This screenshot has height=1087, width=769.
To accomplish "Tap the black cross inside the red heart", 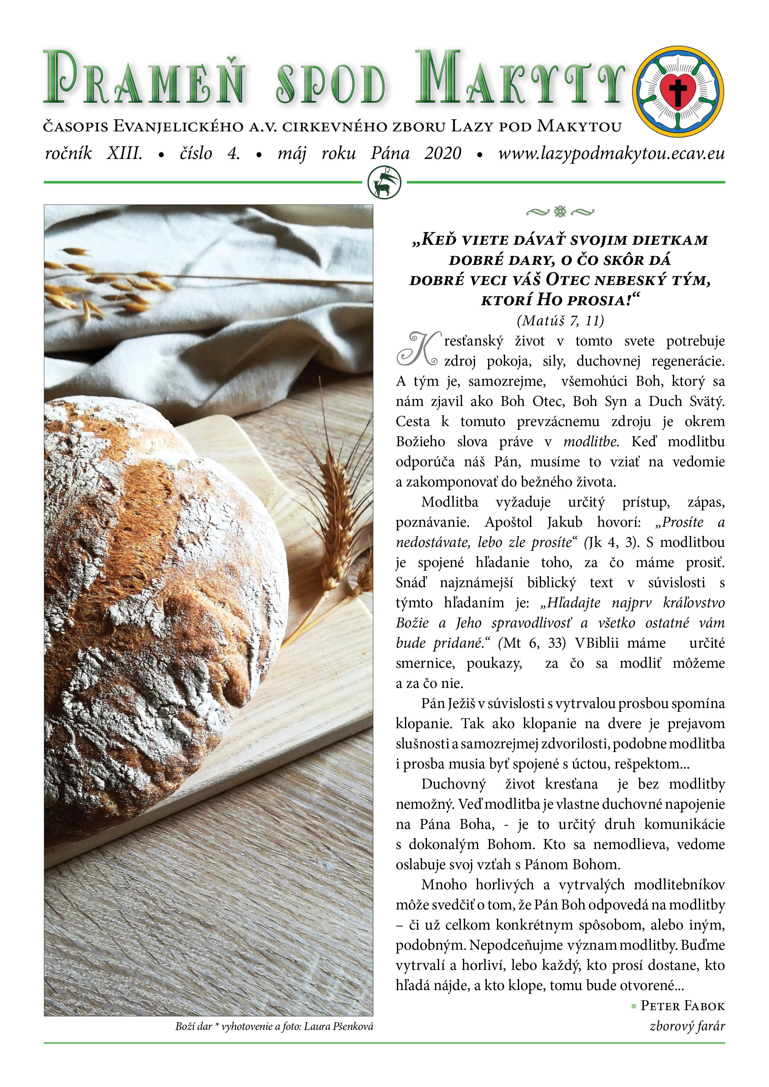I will click(x=678, y=90).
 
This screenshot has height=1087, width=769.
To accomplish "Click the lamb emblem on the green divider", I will click(x=384, y=183).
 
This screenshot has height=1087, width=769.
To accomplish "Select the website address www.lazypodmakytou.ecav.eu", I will click(x=611, y=153).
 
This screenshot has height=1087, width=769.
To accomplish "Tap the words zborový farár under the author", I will click(x=687, y=1026).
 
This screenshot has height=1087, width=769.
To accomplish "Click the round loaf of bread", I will click(x=156, y=592).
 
